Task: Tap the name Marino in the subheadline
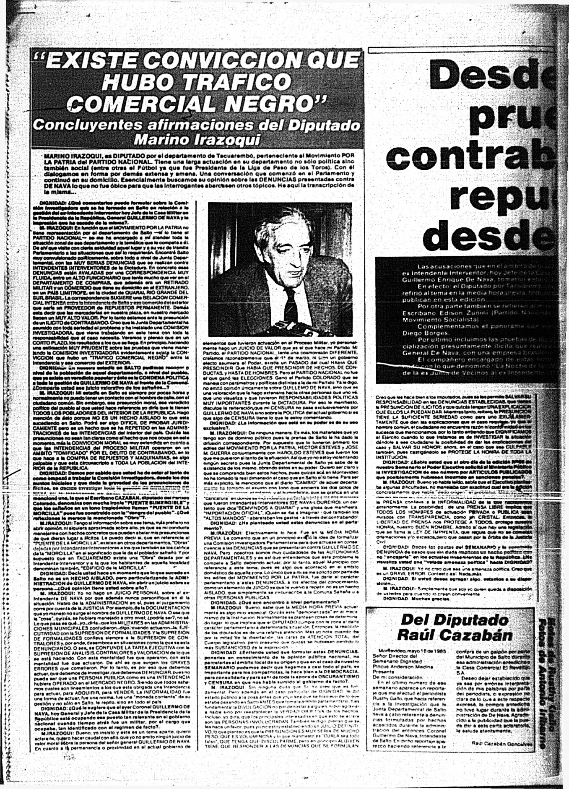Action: click(x=161, y=140)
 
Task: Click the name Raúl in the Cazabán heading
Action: click(x=419, y=635)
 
